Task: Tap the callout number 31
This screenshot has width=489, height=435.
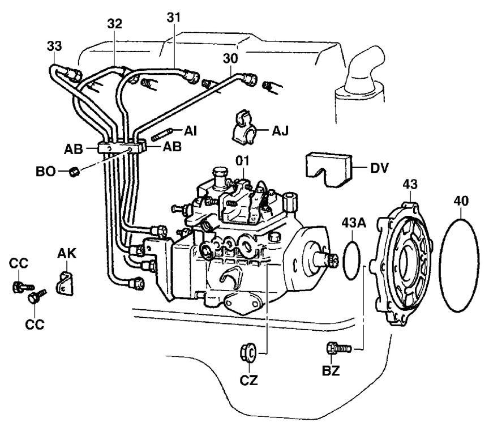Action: click(174, 18)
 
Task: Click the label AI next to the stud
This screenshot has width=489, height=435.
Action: click(192, 130)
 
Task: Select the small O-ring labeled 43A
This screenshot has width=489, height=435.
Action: click(353, 258)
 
